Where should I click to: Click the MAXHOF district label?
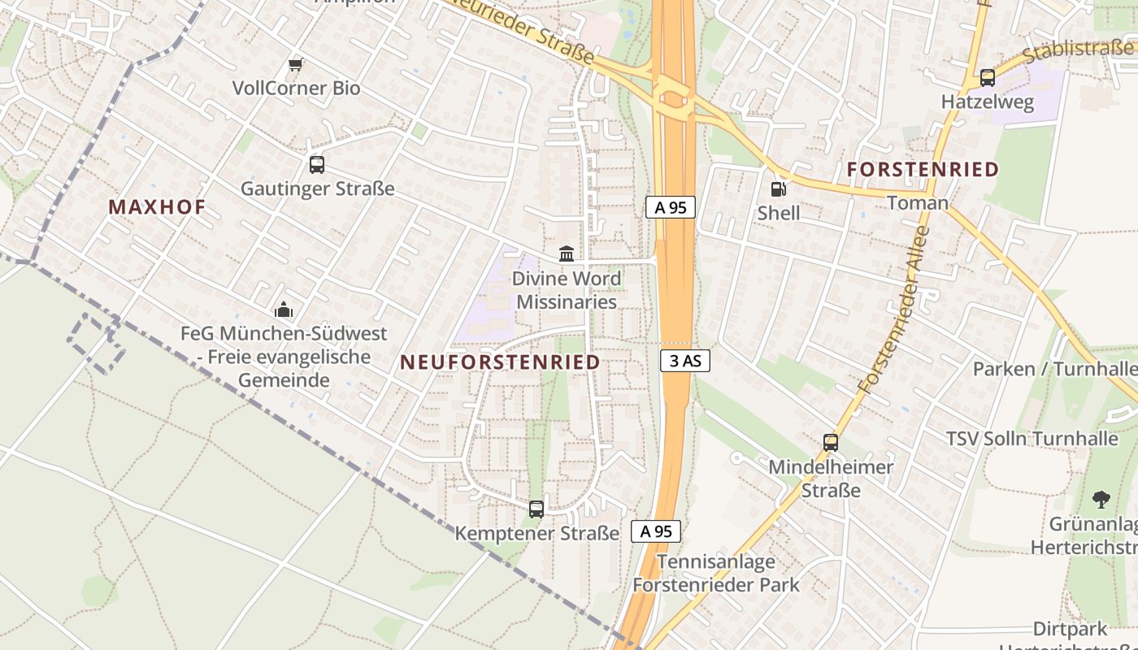pyautogui.click(x=157, y=207)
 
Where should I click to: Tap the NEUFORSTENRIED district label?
pyautogui.click(x=500, y=362)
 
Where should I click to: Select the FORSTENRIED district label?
pyautogui.click(x=923, y=170)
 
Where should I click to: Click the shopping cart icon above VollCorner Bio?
pyautogui.click(x=296, y=64)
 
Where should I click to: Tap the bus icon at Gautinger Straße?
pyautogui.click(x=317, y=165)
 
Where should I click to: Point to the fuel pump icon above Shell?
pyautogui.click(x=778, y=189)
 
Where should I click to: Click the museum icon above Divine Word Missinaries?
pyautogui.click(x=567, y=254)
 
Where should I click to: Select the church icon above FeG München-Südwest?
pyautogui.click(x=283, y=310)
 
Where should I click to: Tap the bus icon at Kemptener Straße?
pyautogui.click(x=536, y=509)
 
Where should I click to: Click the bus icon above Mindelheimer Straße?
pyautogui.click(x=831, y=443)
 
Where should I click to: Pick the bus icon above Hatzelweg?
pyautogui.click(x=988, y=78)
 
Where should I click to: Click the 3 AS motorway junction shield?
pyautogui.click(x=685, y=361)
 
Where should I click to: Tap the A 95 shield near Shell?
pyautogui.click(x=671, y=207)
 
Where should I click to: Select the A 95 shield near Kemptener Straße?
pyautogui.click(x=656, y=531)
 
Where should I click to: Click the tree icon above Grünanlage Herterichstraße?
pyautogui.click(x=1101, y=499)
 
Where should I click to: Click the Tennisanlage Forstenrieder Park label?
pyautogui.click(x=716, y=573)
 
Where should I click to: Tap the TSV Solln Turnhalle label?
pyautogui.click(x=1032, y=439)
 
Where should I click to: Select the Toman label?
pyautogui.click(x=917, y=202)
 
